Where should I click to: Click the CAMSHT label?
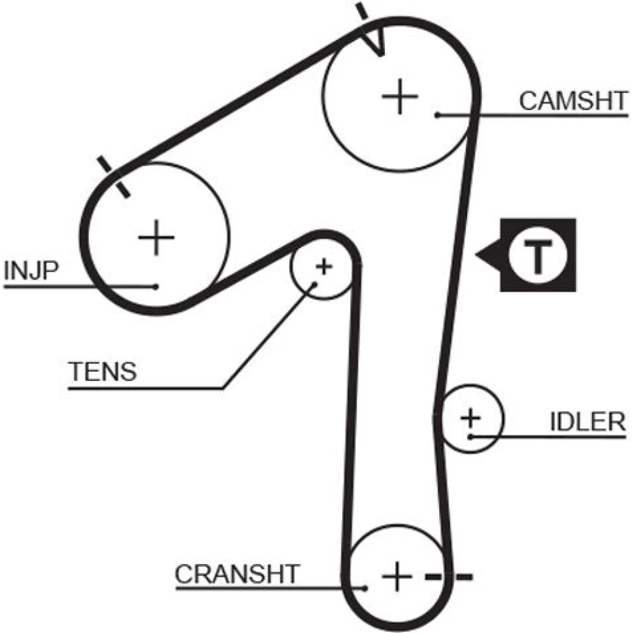point(573,101)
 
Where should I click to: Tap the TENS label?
point(103,372)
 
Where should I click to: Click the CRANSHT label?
point(237,574)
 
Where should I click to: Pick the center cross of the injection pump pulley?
point(156,238)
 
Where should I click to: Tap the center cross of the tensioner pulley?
point(323,266)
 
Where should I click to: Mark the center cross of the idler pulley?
point(470,418)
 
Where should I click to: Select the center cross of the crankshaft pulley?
point(397,575)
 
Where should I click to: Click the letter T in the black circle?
point(537,255)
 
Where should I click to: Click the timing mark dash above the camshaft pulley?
point(361,11)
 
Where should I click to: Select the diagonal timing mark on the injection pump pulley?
point(115,177)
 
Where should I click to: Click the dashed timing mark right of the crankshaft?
point(449,577)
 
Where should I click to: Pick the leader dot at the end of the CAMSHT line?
point(437,115)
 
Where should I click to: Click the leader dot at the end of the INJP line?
point(156,286)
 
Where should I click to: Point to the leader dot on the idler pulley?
point(470,436)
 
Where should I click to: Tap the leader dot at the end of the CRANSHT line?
point(365,588)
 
